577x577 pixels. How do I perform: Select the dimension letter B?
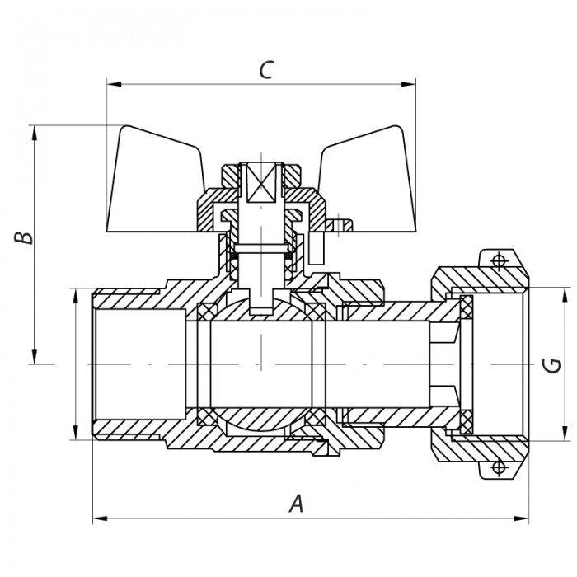(x=27, y=237)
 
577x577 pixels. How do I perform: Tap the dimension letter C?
(x=265, y=70)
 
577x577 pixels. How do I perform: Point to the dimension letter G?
(x=554, y=364)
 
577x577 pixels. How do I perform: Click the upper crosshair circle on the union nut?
(x=498, y=261)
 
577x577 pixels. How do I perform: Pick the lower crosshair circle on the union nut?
(x=498, y=467)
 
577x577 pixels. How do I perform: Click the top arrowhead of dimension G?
(x=566, y=293)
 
